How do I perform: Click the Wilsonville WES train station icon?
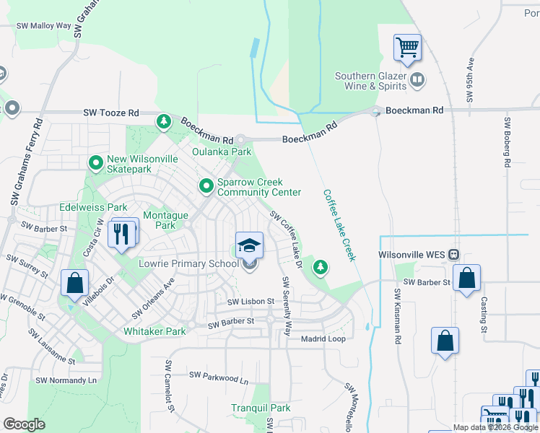[x=454, y=255]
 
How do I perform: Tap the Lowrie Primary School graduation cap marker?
[x=249, y=246]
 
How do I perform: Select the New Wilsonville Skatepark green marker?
[x=95, y=164]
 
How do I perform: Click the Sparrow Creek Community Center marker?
[x=206, y=187]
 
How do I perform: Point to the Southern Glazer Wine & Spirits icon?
[x=417, y=80]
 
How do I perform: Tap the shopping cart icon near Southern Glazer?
[x=407, y=48]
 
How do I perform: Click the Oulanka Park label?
[x=222, y=152]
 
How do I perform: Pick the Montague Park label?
[x=165, y=220]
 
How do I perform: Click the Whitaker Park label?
[x=155, y=331]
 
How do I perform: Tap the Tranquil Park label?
[x=261, y=408]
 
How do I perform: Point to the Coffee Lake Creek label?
[x=339, y=225]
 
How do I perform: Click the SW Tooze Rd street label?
[x=110, y=113]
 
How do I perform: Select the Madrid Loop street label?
[x=323, y=338]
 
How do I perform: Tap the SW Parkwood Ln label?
[x=218, y=375]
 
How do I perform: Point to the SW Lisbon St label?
[x=251, y=302]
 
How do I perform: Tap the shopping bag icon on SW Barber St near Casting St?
[x=467, y=279]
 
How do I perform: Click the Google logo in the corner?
[x=24, y=424]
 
